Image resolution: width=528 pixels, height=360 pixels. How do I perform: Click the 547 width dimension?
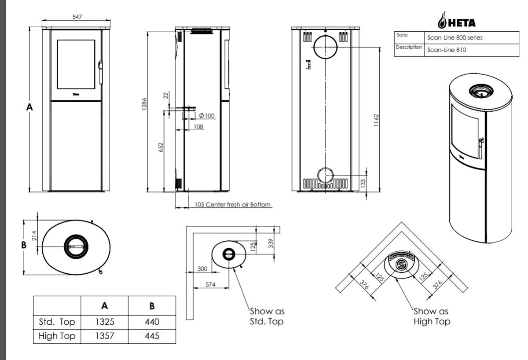[x=77, y=17]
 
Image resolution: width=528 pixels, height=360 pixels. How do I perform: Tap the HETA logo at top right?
[x=456, y=21]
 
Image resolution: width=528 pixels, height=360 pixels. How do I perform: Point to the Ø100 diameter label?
[x=207, y=116]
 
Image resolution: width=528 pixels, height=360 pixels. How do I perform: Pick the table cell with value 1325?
[x=105, y=322]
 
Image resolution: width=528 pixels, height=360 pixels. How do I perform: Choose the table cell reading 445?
[x=152, y=336]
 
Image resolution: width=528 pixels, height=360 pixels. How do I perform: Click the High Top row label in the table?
[x=57, y=336]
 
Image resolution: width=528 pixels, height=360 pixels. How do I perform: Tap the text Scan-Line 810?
[x=447, y=50]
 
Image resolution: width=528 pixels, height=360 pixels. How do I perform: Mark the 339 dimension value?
[x=271, y=243]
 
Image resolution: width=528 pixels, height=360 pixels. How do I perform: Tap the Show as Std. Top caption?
[x=267, y=316]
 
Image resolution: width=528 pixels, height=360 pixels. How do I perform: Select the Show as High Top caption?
[x=432, y=316]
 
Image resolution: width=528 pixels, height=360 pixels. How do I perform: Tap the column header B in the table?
[x=152, y=305]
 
